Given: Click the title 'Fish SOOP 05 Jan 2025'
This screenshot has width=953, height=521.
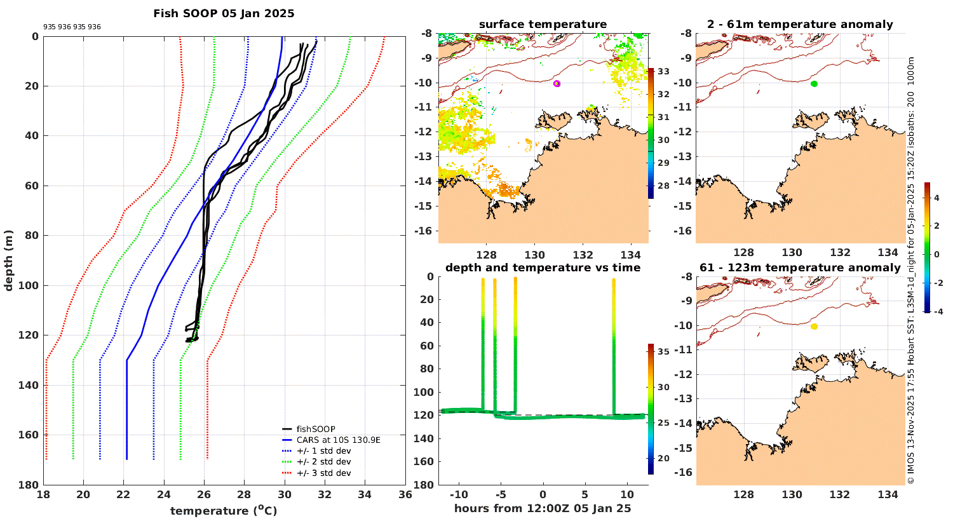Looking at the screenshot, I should tap(224, 13).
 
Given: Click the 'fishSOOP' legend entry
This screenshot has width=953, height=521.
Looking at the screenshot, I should tap(316, 429).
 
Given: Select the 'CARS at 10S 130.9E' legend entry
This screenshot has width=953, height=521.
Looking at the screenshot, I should tap(338, 440).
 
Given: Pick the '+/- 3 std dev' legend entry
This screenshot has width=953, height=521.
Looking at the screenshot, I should tap(323, 473).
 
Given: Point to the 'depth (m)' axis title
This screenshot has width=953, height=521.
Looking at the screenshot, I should tap(9, 260).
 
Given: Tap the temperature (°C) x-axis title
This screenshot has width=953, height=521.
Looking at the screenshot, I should tap(224, 511).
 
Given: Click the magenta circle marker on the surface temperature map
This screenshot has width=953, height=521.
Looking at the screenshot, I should tap(557, 83).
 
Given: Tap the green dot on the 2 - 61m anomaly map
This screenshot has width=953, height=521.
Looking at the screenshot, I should tap(814, 83).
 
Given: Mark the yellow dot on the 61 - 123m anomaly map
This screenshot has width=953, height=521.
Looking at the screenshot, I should tap(814, 327).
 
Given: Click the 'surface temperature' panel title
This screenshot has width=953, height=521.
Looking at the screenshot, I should tap(543, 25).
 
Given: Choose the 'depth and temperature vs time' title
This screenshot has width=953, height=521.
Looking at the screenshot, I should tap(543, 267).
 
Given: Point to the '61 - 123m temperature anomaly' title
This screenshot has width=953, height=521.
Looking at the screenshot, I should tap(800, 267).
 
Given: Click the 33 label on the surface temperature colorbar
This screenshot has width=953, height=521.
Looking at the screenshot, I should tap(663, 72).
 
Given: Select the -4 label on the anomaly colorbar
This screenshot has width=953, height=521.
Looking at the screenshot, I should tap(937, 311).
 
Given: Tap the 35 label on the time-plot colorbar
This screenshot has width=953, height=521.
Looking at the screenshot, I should tap(663, 351).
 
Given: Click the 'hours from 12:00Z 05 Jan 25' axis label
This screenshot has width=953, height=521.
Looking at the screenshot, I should tap(543, 508).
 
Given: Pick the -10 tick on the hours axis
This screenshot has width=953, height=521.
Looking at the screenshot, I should tap(459, 495).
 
